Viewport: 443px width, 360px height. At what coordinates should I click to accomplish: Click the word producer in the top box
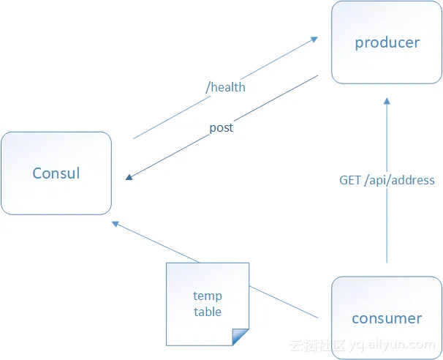(387, 42)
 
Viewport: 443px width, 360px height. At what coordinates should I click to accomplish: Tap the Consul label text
(56, 173)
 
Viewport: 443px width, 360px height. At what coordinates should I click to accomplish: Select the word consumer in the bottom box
(387, 318)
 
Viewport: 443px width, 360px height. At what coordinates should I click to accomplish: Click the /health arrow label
(226, 87)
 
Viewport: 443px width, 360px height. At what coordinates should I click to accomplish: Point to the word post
(221, 127)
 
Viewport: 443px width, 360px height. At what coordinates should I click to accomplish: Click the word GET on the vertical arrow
(350, 180)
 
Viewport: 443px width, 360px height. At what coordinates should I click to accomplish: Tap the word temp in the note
(208, 296)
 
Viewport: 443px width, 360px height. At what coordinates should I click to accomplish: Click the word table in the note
(208, 312)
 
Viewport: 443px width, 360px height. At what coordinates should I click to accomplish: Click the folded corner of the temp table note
(241, 337)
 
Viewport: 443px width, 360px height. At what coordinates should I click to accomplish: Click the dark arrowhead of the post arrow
(129, 177)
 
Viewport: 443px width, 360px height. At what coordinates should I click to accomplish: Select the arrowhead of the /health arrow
(314, 37)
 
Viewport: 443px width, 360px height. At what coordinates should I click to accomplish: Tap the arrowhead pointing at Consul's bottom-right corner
(116, 223)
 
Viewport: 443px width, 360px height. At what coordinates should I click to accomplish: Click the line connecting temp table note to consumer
(285, 302)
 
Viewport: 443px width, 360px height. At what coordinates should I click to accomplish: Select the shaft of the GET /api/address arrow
(387, 220)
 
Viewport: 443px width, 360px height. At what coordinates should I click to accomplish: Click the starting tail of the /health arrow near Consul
(135, 138)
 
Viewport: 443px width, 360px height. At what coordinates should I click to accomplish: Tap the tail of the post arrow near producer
(316, 75)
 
